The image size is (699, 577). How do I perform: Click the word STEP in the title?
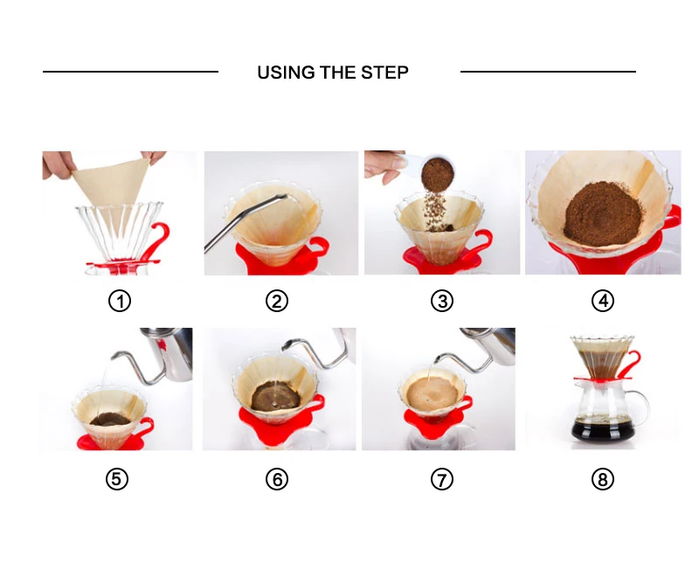384,73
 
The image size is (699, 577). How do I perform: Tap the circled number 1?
120,301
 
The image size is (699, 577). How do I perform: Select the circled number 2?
277,301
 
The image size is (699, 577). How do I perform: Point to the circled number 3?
442,301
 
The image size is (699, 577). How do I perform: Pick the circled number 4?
603,301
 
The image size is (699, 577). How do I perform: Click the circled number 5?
117,479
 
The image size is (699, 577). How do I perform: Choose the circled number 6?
277,479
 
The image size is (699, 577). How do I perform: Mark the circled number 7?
442,479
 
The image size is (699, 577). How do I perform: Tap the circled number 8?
603,479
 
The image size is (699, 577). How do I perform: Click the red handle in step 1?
162,240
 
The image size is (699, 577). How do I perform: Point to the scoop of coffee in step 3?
438,173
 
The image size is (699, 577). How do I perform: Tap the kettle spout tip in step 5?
114,357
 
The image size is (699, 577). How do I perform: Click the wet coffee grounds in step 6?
274,395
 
